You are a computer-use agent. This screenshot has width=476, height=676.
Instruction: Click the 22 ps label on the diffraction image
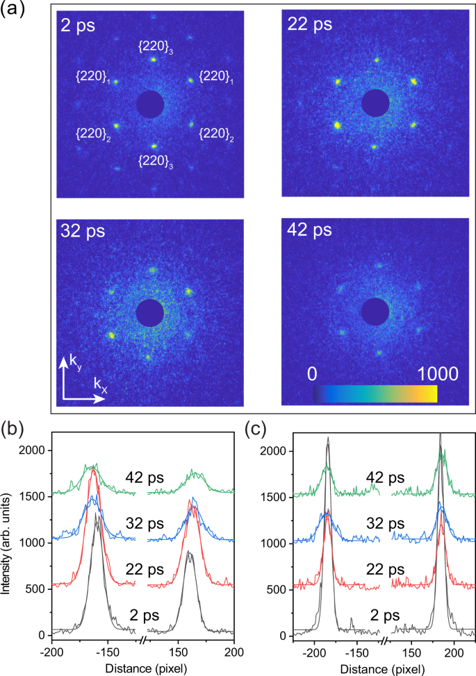[310, 25]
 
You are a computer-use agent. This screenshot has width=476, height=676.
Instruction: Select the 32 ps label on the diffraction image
[81, 231]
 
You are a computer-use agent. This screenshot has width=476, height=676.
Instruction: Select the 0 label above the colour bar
[313, 374]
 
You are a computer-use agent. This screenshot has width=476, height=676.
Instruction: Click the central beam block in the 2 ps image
[150, 104]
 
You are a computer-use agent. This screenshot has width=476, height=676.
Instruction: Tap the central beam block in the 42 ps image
[376, 310]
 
